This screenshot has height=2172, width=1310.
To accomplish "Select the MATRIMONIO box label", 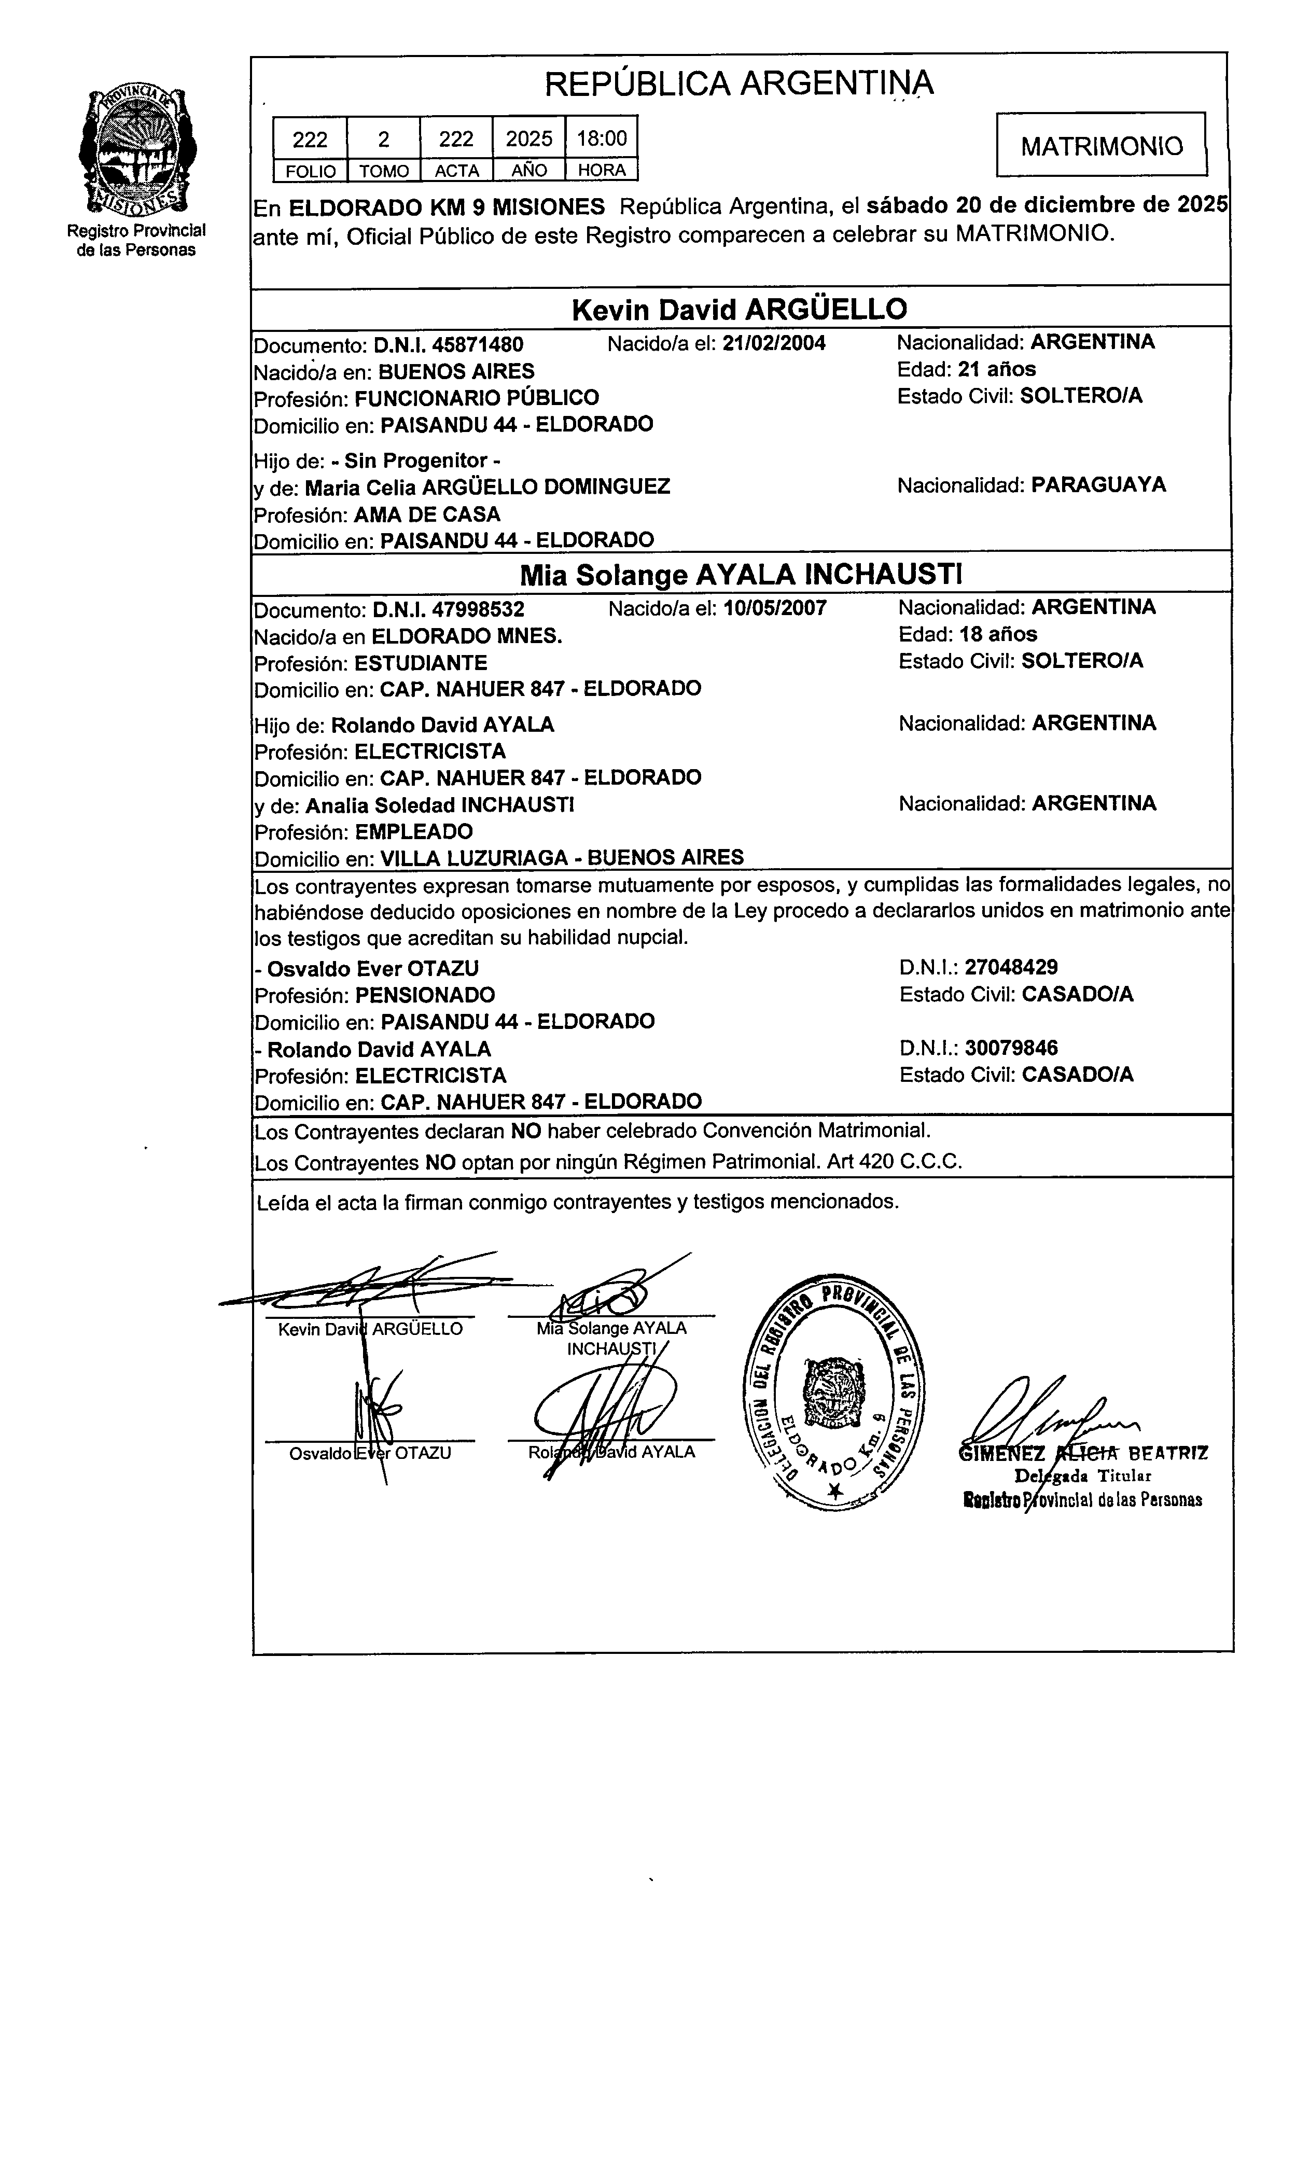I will coord(1101,145).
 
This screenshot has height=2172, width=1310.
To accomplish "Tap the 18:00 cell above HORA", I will coord(601,138).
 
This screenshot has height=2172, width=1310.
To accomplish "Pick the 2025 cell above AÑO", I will coord(529,138).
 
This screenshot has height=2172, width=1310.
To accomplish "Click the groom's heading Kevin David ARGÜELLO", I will coord(738,310).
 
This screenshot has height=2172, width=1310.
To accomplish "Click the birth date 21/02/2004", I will coord(774,343).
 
